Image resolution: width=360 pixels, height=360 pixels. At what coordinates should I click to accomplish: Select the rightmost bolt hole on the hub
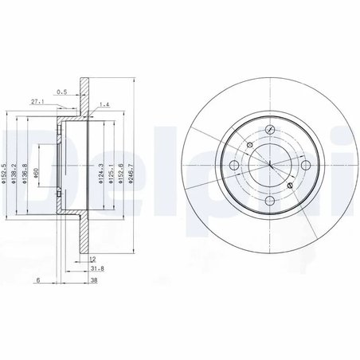tap(307, 164)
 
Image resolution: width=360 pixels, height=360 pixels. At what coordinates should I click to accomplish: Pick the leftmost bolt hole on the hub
tap(234, 164)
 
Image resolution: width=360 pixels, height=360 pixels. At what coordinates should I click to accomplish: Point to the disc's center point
tap(270, 164)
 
